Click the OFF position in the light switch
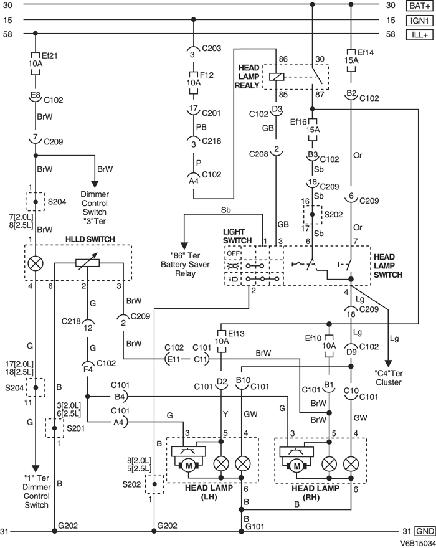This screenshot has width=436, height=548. (232, 253)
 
